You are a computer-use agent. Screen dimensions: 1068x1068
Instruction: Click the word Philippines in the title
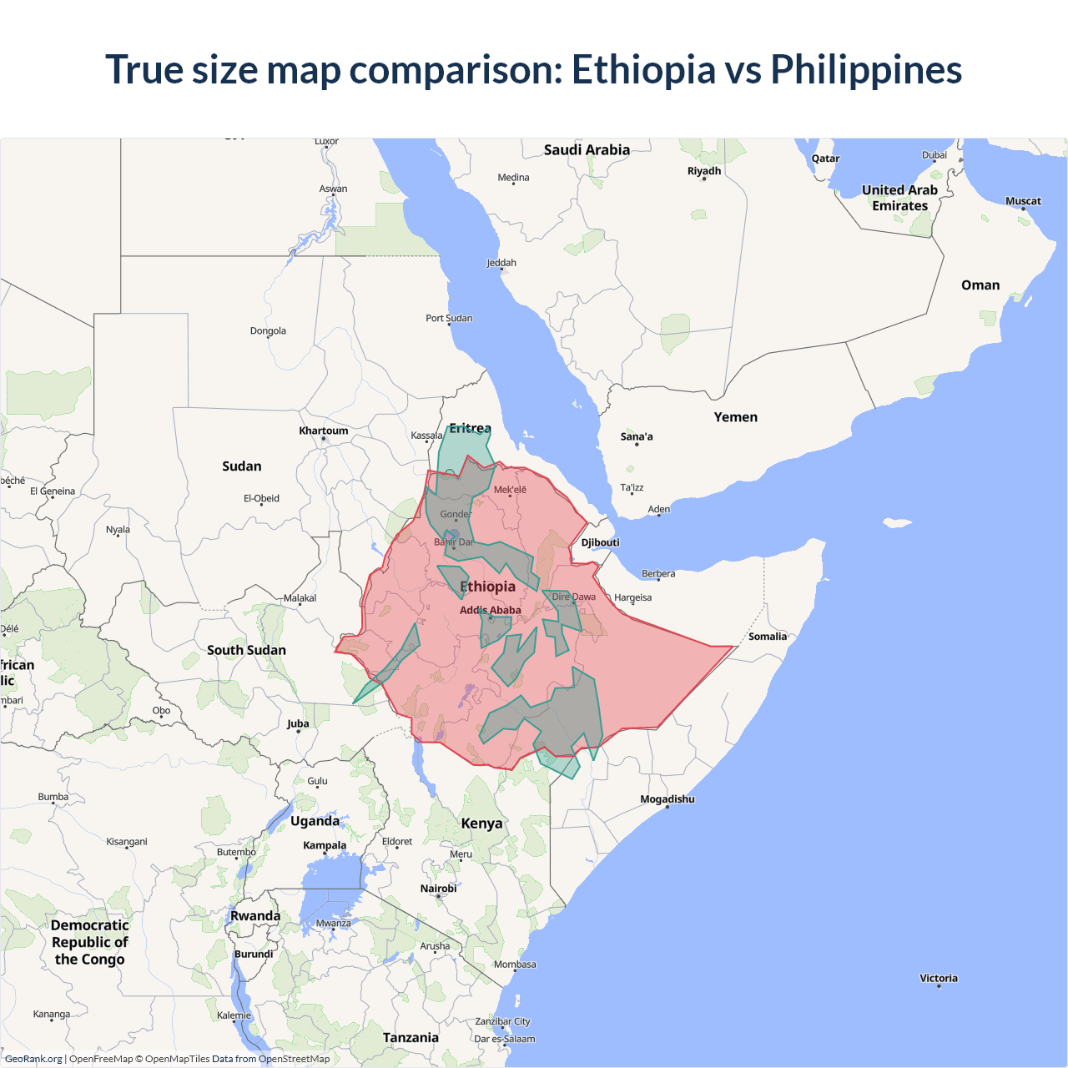(866, 70)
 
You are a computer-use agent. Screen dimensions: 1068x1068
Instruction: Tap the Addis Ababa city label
(491, 610)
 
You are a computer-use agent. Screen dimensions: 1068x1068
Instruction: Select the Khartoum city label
(324, 431)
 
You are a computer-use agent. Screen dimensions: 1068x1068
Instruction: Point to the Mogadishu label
(667, 799)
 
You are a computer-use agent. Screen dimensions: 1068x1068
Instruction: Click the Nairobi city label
(439, 889)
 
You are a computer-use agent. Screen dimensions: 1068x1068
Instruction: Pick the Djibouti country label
(601, 542)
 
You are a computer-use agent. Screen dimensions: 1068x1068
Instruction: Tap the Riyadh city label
(704, 171)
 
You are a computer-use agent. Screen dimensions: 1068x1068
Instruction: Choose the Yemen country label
(736, 417)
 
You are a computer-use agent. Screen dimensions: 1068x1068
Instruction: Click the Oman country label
(980, 285)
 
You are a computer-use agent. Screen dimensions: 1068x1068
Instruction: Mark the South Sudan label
(246, 650)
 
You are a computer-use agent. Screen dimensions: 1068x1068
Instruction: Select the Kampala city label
(325, 845)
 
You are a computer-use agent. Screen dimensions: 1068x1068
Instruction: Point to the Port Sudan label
(449, 318)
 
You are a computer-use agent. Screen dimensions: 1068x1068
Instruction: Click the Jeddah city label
(501, 263)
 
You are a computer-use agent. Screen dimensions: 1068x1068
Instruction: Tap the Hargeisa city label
(633, 597)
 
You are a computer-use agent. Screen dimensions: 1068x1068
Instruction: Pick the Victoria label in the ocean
(939, 978)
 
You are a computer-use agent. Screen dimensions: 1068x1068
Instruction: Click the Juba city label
(298, 723)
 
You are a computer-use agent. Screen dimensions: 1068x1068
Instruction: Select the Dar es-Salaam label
(505, 1039)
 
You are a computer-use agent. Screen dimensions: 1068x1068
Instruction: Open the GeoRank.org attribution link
(33, 1059)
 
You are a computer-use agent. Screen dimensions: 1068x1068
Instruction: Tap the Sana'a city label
(637, 436)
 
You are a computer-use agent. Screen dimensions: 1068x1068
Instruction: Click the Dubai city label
(934, 155)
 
